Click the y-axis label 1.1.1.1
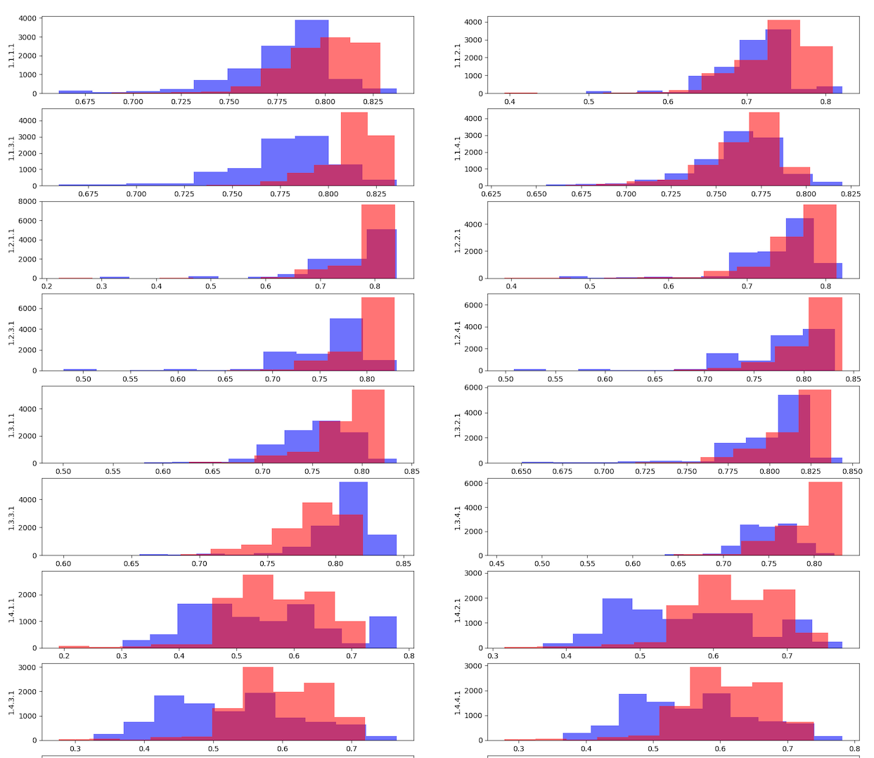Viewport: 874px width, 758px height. pyautogui.click(x=11, y=55)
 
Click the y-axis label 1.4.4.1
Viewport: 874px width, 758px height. pyautogui.click(x=458, y=702)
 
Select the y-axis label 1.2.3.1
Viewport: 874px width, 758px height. pyautogui.click(x=11, y=333)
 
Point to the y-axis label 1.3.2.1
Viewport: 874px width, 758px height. pyautogui.click(x=458, y=425)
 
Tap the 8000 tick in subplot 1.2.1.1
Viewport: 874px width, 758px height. pyautogui.click(x=27, y=202)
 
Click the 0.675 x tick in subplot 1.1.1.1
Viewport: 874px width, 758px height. pyautogui.click(x=84, y=102)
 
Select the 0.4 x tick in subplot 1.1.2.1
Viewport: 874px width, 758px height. pyautogui.click(x=510, y=102)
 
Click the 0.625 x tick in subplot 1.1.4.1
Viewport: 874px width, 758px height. pyautogui.click(x=491, y=194)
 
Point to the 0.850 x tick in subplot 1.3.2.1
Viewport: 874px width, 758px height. pyautogui.click(x=852, y=472)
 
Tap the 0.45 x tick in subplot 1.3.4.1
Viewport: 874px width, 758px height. pyautogui.click(x=496, y=564)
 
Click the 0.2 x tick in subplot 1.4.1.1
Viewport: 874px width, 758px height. pyautogui.click(x=64, y=656)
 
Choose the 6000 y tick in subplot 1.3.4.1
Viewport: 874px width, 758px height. pyautogui.click(x=473, y=484)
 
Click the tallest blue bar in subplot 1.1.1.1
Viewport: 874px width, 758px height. pyautogui.click(x=311, y=56)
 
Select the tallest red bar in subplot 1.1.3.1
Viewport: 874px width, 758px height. pyautogui.click(x=354, y=149)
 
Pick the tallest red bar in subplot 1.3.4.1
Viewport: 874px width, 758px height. pyautogui.click(x=825, y=518)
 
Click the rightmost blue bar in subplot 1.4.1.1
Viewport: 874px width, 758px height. pyautogui.click(x=383, y=632)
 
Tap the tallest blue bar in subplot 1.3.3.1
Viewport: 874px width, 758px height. pyautogui.click(x=353, y=518)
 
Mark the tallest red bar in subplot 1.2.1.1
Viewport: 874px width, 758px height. pyautogui.click(x=378, y=241)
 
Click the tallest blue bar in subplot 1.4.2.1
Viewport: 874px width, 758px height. pyautogui.click(x=617, y=623)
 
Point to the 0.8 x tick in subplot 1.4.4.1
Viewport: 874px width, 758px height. pyautogui.click(x=854, y=749)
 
